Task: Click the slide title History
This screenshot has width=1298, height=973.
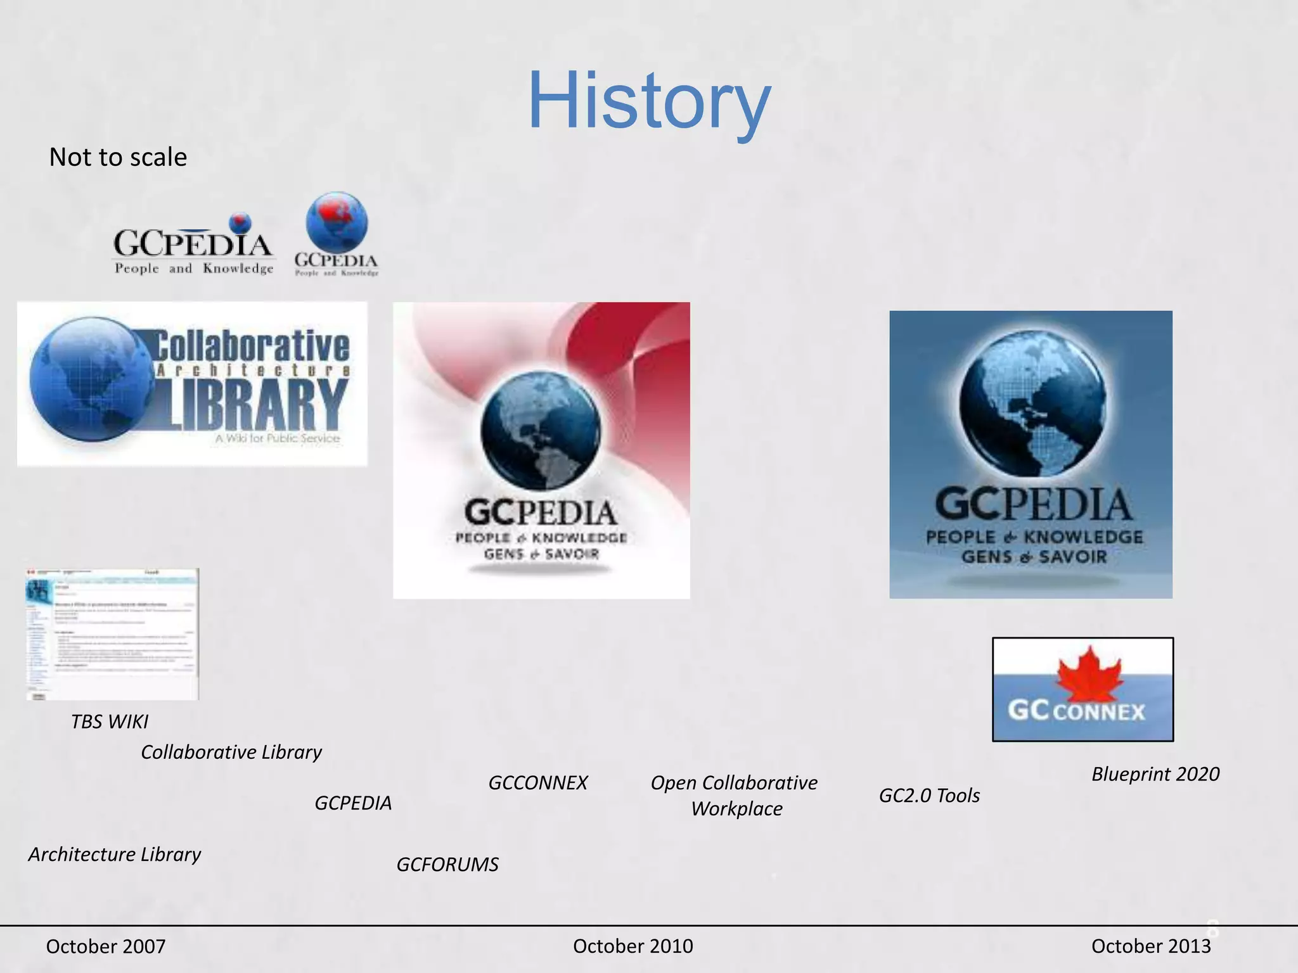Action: (x=649, y=101)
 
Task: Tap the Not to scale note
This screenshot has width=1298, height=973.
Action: (x=118, y=157)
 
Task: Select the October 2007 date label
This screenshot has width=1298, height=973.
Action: (x=106, y=946)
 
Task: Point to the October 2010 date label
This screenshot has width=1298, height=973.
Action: (x=633, y=946)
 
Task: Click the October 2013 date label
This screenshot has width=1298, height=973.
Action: (x=1150, y=946)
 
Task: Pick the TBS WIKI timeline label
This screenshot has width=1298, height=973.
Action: (x=109, y=722)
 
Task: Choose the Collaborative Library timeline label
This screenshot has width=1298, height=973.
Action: (x=231, y=752)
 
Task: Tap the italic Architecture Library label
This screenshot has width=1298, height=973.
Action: (x=114, y=855)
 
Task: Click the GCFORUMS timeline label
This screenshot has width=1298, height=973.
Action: (x=447, y=865)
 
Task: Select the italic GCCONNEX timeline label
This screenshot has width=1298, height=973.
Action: (x=537, y=783)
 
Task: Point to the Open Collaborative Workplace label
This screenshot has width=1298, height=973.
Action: (x=735, y=796)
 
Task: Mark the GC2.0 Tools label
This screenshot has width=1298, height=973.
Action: (x=929, y=796)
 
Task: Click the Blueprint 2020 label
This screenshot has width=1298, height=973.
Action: (x=1155, y=774)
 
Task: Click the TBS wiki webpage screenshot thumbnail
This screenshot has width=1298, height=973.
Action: (x=112, y=634)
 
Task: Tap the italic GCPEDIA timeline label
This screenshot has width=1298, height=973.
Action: (x=353, y=803)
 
